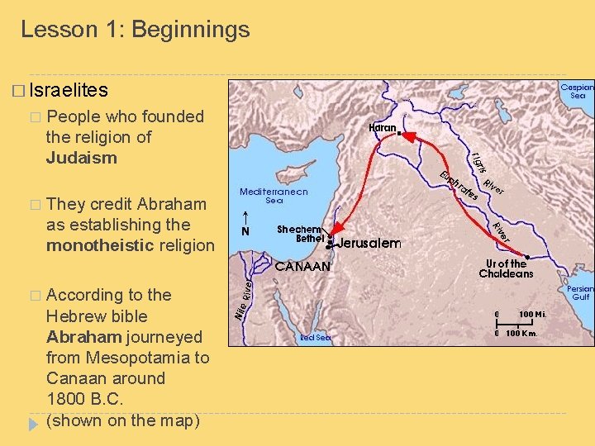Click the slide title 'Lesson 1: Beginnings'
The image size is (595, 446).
[x=135, y=30]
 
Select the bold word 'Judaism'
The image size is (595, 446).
[x=82, y=157]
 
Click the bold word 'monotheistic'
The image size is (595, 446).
[x=98, y=245]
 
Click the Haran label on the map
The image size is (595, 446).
[x=382, y=127]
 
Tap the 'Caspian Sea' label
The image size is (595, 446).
[x=577, y=90]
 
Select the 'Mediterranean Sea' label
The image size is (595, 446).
[x=274, y=196]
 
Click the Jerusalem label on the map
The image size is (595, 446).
[x=369, y=244]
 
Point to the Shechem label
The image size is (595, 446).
[x=299, y=230]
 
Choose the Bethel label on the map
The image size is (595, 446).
[x=310, y=239]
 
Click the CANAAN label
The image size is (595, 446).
[x=302, y=267]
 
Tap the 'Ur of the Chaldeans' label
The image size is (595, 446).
[x=506, y=269]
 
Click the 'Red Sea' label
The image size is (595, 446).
[x=315, y=338]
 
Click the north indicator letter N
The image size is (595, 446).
[x=245, y=232]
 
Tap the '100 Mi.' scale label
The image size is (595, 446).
[x=531, y=315]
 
